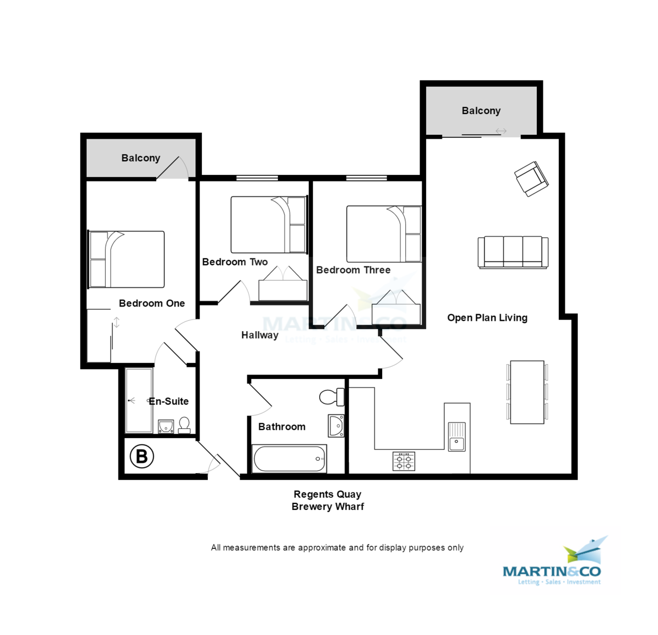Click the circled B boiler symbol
141,456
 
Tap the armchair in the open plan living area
531,179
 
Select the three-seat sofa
513,252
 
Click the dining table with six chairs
527,392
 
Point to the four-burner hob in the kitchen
404,461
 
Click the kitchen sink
456,436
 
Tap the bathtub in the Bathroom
289,458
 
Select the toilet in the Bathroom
331,396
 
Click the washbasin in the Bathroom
336,426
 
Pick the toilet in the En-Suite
184,425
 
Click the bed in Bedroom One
127,259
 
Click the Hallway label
259,335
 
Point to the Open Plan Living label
487,318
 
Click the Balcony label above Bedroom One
140,158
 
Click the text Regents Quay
327,494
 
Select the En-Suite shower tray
139,400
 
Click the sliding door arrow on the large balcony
501,131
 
